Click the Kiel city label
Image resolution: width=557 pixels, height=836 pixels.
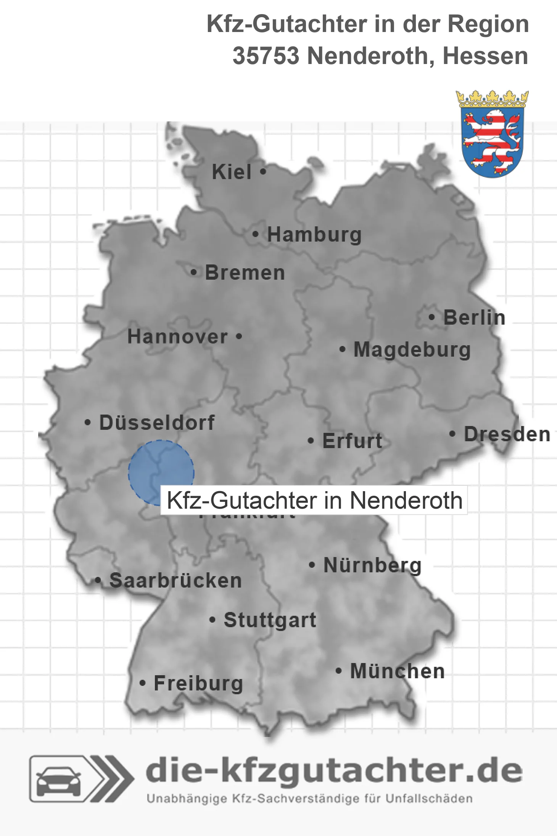pos(232,172)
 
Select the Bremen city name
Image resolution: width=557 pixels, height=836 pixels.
pos(245,273)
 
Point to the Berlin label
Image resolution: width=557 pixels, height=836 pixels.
pos(474,317)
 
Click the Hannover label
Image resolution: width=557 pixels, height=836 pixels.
pos(177,337)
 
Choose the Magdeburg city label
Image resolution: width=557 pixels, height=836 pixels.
pos(412,350)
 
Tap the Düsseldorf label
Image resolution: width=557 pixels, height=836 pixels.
pos(157,423)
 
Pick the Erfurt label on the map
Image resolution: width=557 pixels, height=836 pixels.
pos(352,441)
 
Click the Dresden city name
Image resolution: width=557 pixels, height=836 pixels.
pos(507,434)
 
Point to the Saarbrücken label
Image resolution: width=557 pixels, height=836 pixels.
pos(175,581)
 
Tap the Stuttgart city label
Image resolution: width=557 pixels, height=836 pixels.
pos(270,620)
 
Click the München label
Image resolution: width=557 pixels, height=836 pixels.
pos(398,671)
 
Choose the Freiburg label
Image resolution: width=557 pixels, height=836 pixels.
pos(198,683)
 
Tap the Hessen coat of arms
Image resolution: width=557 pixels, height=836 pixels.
pos(492,134)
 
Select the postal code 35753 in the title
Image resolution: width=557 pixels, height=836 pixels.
pos(266,56)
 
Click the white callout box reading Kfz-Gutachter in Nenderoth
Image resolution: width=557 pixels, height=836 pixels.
pos(314,500)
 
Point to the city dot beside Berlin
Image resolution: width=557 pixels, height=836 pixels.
pos(431,317)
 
